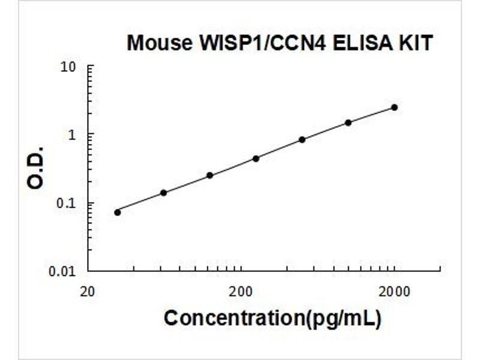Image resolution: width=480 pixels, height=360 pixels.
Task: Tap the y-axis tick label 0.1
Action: (x=67, y=203)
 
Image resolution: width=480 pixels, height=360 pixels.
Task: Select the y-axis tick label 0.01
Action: (x=64, y=271)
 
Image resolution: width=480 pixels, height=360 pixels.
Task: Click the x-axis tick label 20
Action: (x=88, y=292)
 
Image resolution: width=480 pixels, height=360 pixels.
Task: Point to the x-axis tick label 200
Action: (x=241, y=292)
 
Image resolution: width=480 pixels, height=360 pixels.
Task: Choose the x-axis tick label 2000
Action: (x=394, y=292)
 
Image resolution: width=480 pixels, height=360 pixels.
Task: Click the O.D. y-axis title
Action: (x=37, y=167)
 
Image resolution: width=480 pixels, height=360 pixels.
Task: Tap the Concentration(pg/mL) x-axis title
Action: (x=272, y=318)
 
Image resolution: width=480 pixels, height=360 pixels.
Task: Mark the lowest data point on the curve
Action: (x=118, y=212)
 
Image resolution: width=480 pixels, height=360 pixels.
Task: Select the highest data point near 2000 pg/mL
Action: (x=394, y=107)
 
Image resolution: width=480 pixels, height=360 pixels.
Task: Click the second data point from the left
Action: (x=163, y=193)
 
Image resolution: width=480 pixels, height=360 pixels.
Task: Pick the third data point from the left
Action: (x=209, y=175)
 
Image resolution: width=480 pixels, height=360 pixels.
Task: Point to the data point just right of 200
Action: (x=256, y=158)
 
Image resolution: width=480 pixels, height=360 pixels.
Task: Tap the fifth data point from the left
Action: (x=302, y=140)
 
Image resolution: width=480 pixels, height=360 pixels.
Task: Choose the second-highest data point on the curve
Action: (x=348, y=122)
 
